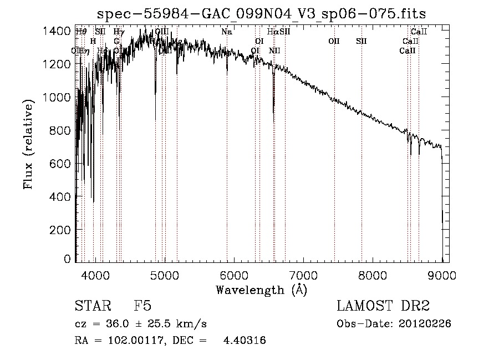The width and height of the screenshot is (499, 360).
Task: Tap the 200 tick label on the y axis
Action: tap(60, 230)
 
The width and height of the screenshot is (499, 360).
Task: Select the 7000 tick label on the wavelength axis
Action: tap(303, 275)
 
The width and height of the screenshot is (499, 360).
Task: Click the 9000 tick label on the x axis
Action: tap(442, 275)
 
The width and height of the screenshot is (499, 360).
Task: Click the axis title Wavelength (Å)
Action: tap(261, 290)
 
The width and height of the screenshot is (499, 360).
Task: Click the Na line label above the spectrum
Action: tap(226, 32)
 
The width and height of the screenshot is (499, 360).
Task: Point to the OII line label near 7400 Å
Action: tap(334, 41)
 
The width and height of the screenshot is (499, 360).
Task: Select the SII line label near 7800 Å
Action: tap(361, 41)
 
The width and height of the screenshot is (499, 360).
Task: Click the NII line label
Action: tap(274, 51)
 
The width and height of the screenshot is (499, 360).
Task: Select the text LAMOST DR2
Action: tap(383, 306)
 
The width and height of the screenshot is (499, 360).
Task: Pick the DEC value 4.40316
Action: tap(244, 341)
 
